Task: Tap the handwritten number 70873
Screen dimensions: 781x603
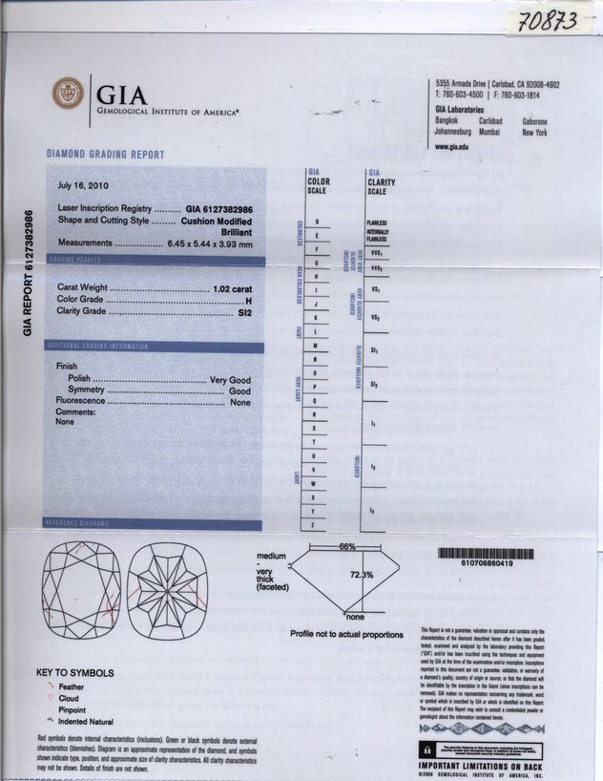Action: pos(547,20)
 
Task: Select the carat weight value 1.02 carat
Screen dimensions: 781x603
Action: pos(234,287)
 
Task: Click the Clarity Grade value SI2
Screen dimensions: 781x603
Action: pos(244,312)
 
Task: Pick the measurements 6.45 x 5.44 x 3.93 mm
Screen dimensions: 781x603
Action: pos(209,244)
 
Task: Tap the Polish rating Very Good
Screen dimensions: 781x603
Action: pos(230,380)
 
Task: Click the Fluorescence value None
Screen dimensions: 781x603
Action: pos(240,403)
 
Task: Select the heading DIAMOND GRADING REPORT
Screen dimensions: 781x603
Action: pos(105,155)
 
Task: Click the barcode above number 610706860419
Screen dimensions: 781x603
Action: pos(486,554)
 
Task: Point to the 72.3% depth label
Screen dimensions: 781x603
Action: pos(362,575)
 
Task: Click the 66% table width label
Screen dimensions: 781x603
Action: pos(347,547)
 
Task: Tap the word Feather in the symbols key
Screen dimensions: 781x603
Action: pos(72,687)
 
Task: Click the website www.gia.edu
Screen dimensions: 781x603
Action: pos(451,146)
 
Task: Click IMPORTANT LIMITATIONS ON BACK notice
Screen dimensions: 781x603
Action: pos(481,766)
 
